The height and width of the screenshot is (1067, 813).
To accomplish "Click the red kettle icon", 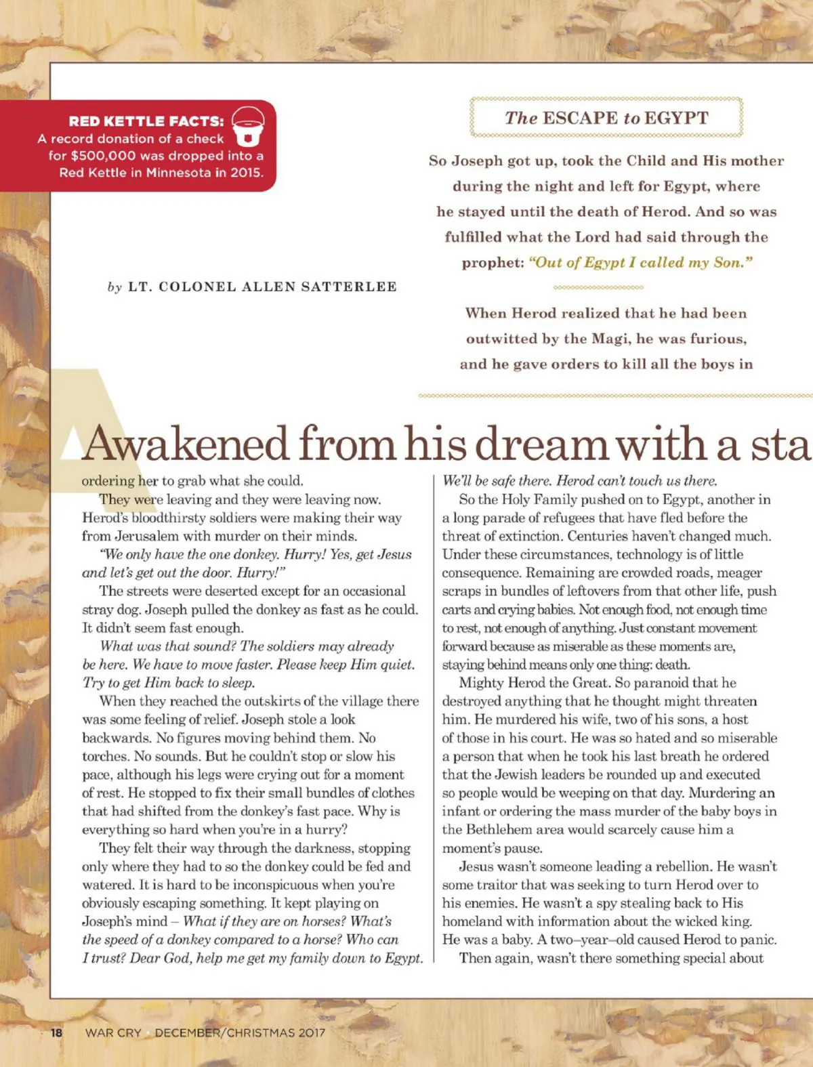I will click(248, 125).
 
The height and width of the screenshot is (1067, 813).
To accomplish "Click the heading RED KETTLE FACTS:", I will click(146, 121).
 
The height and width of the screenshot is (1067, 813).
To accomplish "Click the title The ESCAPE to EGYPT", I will click(606, 118).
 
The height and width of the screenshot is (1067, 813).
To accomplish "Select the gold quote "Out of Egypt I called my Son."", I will click(640, 263).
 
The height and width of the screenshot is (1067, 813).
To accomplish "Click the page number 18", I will click(56, 1032).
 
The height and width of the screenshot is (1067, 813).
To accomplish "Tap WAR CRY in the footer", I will click(113, 1032).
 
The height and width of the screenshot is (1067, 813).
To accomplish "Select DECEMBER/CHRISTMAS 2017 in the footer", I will click(240, 1032).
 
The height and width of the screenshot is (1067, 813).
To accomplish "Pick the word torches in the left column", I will click(105, 756).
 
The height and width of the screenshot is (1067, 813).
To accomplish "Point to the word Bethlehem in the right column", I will click(497, 830).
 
